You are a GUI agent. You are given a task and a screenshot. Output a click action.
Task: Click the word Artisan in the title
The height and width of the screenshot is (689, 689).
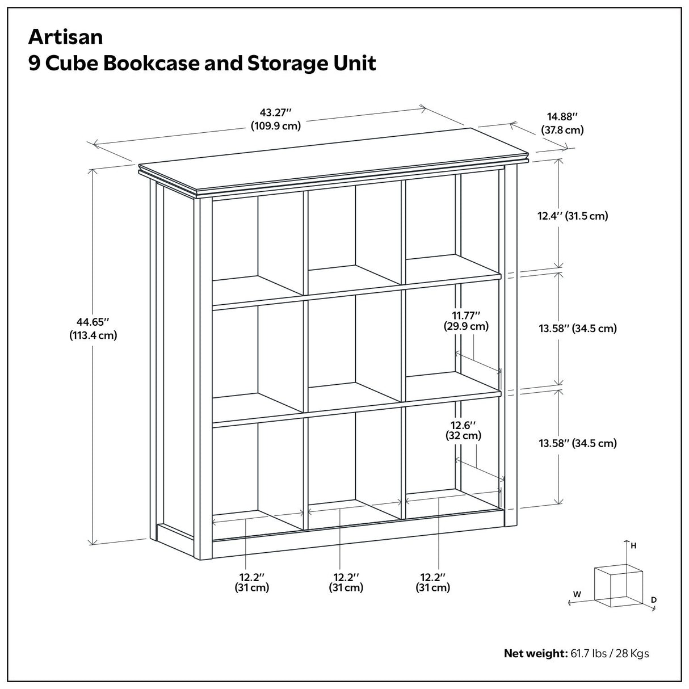tap(66, 37)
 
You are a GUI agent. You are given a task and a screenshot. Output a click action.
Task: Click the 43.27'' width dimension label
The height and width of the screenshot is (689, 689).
tap(275, 119)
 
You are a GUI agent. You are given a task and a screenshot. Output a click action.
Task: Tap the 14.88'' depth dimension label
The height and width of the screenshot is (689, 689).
tap(562, 123)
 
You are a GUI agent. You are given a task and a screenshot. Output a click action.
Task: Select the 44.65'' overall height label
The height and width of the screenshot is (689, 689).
tap(93, 328)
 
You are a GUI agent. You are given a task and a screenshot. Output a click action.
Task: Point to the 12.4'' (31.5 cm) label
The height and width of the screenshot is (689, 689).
tap(572, 216)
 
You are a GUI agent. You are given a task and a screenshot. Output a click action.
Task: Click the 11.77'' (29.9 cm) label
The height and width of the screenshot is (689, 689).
tap(466, 320)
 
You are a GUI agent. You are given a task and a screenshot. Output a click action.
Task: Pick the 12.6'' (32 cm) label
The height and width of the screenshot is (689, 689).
tap(463, 430)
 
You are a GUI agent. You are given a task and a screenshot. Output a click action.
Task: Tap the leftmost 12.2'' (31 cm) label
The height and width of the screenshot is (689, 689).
tap(252, 582)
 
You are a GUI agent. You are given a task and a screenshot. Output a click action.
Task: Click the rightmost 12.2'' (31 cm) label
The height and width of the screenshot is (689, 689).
tap(432, 582)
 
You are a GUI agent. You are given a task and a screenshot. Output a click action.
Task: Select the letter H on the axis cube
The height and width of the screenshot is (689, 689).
tap(633, 546)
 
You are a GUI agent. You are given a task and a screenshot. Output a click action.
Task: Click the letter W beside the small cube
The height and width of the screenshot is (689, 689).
tap(577, 594)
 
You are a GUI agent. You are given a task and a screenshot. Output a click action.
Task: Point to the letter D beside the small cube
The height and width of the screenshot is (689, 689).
tap(654, 599)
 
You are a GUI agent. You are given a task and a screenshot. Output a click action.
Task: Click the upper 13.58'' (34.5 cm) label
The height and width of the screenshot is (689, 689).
tap(577, 328)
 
